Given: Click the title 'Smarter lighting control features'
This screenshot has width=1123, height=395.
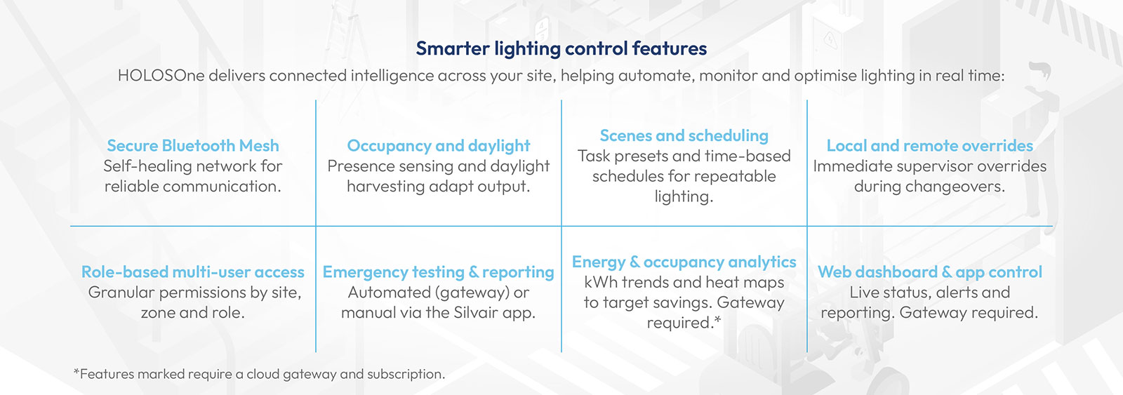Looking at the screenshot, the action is (561, 48).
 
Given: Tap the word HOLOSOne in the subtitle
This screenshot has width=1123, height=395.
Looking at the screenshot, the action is (161, 75).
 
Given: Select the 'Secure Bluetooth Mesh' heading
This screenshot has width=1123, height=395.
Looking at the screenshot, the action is (193, 145).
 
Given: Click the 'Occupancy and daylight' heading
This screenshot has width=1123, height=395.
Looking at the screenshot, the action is (439, 146).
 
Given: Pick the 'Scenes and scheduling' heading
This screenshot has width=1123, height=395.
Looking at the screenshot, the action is (684, 136).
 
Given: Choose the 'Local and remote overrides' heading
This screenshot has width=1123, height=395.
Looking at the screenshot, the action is (929, 145).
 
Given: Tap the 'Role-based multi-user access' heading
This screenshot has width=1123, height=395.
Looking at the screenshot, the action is (193, 272).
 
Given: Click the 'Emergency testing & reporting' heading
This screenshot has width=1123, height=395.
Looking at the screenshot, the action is (439, 272).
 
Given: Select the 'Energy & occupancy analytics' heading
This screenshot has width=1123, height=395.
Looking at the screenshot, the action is (684, 262).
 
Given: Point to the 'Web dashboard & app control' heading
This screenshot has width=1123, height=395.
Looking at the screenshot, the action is (929, 272).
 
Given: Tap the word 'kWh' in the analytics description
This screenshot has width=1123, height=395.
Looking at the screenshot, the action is (601, 282).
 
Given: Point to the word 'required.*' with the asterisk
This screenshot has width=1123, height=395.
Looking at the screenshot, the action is (684, 323).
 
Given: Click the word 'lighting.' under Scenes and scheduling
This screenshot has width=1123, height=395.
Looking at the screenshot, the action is (684, 196).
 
